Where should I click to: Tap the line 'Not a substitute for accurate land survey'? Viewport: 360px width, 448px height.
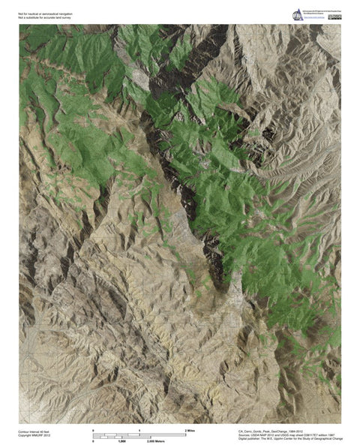point(49,17)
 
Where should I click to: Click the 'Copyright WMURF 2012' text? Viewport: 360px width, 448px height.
point(35,436)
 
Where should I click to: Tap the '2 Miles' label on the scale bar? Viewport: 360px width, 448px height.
point(190,430)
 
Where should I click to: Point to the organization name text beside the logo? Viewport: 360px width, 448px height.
point(322,13)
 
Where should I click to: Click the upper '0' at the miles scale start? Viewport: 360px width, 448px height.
point(94,430)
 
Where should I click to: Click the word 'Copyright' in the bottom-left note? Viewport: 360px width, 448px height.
point(25,436)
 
